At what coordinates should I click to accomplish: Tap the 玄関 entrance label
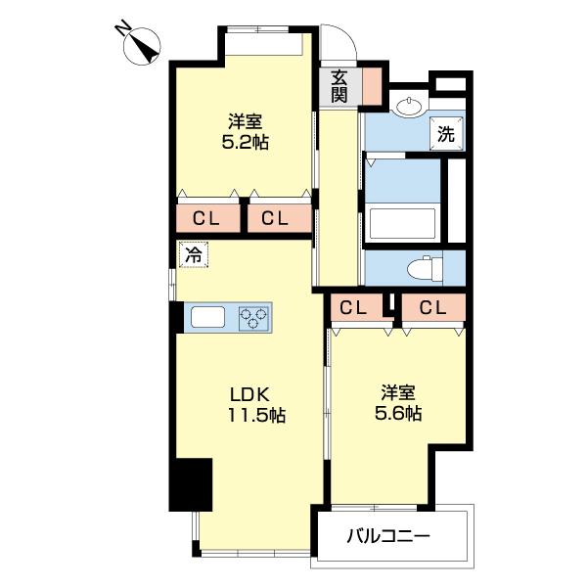tap(339, 86)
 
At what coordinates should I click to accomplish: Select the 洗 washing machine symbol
tap(445, 135)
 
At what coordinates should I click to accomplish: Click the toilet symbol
tap(424, 266)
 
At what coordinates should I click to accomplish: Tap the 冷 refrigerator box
tap(193, 256)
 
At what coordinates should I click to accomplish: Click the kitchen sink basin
tap(208, 317)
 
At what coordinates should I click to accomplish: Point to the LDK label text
tap(250, 394)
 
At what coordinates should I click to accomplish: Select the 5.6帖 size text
tap(399, 414)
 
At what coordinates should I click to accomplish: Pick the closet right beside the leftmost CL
tap(275, 219)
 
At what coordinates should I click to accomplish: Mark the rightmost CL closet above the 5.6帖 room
tap(432, 308)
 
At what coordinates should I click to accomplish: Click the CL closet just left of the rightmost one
tap(353, 308)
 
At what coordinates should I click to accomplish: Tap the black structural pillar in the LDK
tap(191, 484)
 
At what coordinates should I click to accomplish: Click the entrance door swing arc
tap(339, 44)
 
